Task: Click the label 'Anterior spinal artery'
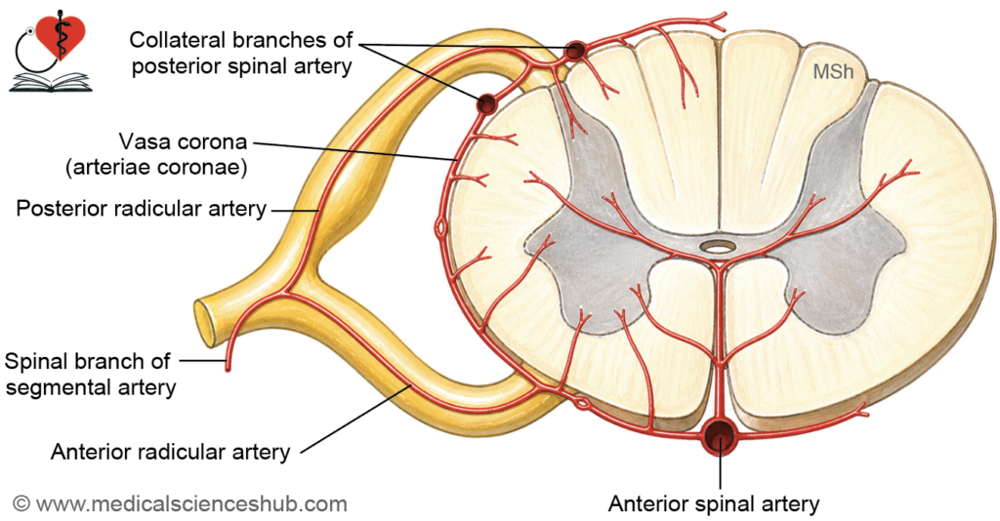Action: click(714, 503)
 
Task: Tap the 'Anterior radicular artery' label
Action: click(170, 452)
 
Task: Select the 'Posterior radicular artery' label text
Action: click(141, 208)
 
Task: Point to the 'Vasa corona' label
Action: click(183, 140)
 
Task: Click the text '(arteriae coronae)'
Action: click(156, 168)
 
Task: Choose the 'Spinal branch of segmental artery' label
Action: click(90, 374)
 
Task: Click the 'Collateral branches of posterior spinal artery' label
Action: click(241, 53)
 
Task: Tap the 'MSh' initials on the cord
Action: click(833, 71)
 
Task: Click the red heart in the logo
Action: click(61, 37)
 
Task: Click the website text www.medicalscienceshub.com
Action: click(191, 503)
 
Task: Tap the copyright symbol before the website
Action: click(21, 503)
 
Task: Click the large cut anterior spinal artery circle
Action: click(720, 436)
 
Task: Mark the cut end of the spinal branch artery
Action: click(228, 367)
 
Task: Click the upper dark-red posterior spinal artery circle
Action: click(576, 50)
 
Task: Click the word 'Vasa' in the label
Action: click(145, 140)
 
